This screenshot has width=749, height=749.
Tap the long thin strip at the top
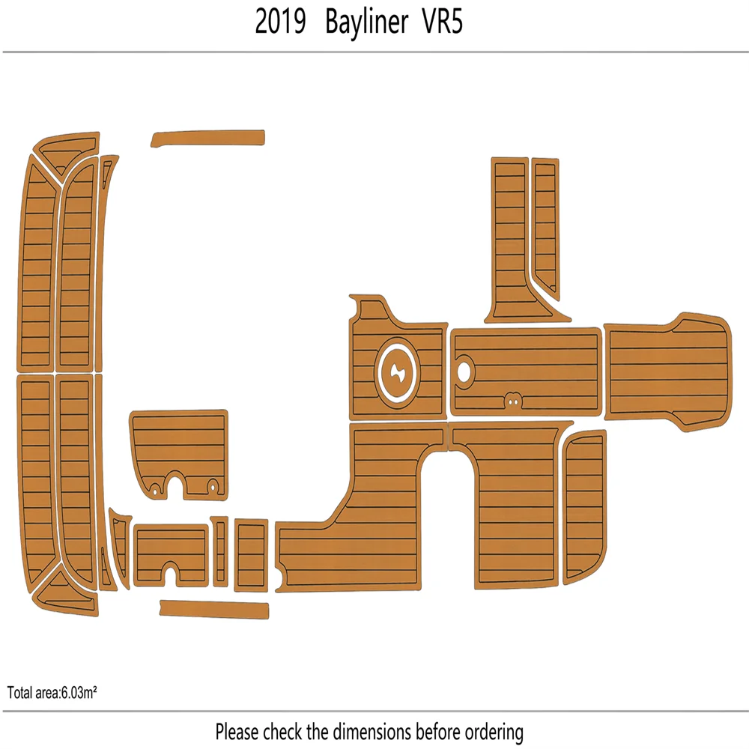click(x=208, y=139)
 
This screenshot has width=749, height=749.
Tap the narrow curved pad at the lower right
click(x=584, y=506)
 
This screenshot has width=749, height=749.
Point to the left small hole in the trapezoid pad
click(x=156, y=489)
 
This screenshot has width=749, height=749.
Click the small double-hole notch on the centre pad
click(x=513, y=400)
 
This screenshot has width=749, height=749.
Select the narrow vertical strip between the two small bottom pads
click(x=220, y=551)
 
